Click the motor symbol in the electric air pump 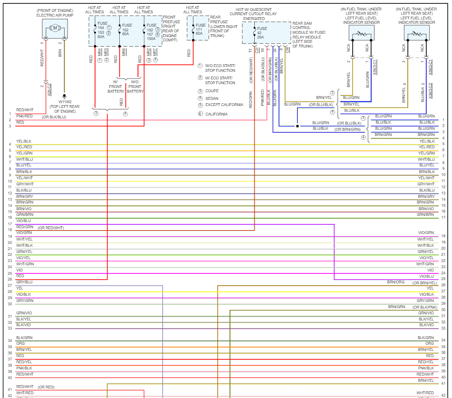click(55, 28)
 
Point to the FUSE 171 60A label click(201, 29)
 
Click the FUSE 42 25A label click(261, 32)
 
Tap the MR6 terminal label click(124, 51)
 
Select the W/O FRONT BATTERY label click(135, 87)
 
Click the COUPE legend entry click(212, 91)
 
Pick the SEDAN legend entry click(212, 98)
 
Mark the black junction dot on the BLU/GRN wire click(298, 126)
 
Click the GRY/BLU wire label click(24, 282)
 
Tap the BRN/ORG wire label click(395, 282)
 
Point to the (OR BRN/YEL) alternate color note click(424, 283)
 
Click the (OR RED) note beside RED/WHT click(47, 387)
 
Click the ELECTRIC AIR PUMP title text click(55, 15)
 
